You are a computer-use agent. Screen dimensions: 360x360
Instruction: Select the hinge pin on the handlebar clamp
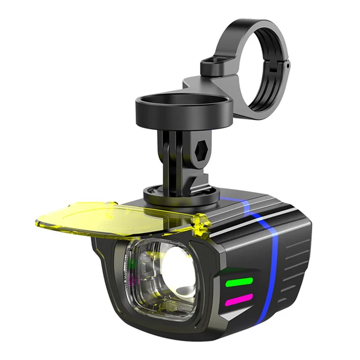pos(286,65)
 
